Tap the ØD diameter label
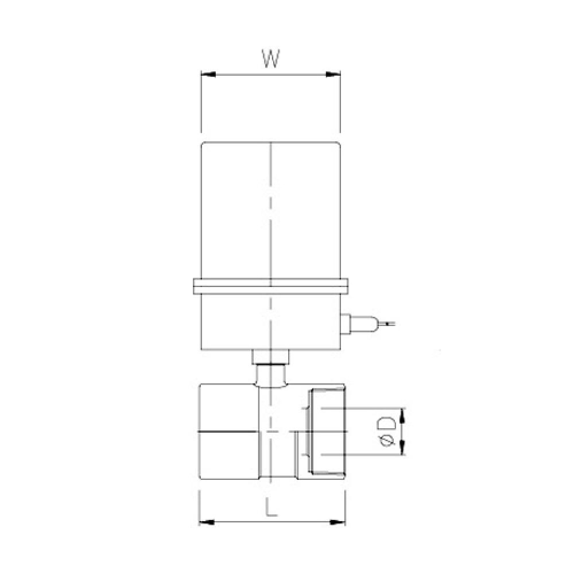pyautogui.click(x=386, y=431)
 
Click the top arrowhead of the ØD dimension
pyautogui.click(x=402, y=414)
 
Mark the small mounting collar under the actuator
pyautogui.click(x=270, y=356)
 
